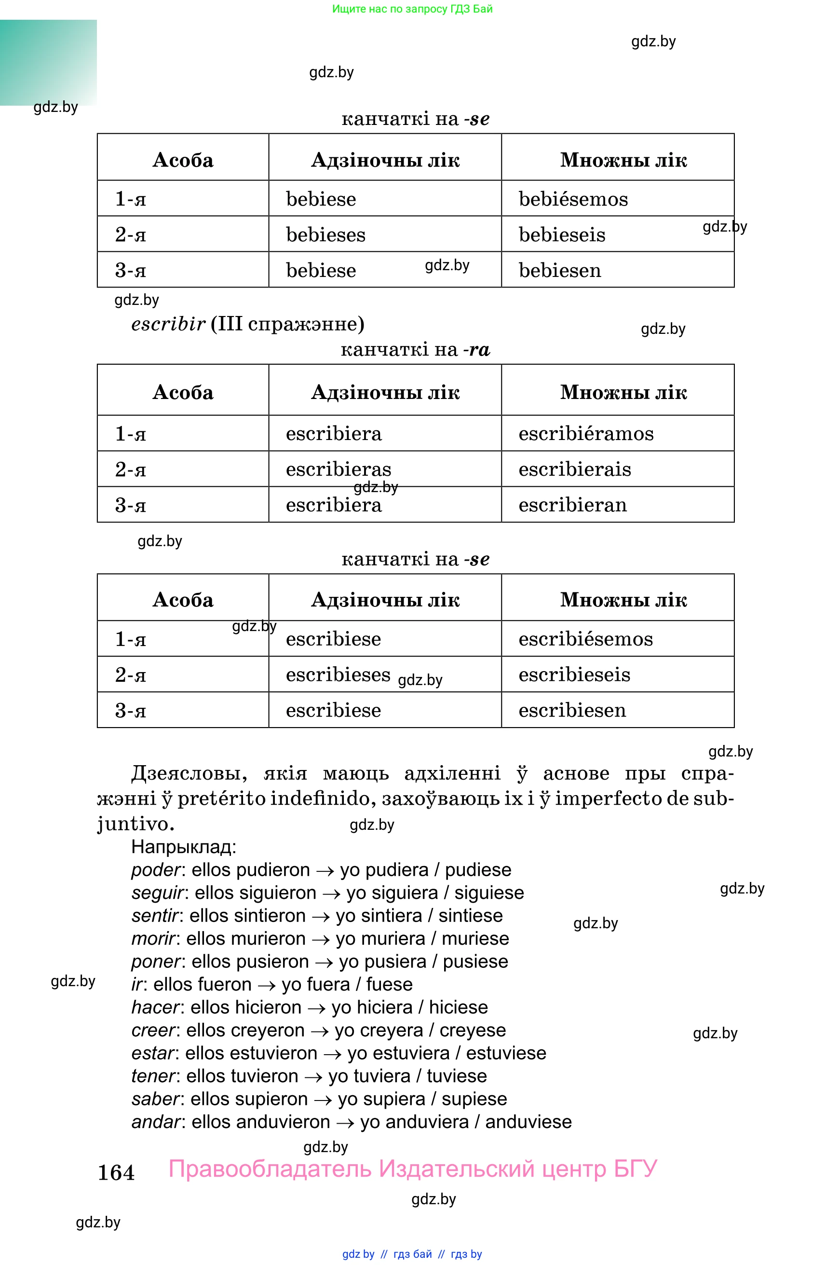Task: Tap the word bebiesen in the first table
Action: (x=559, y=271)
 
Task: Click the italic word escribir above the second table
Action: (x=168, y=324)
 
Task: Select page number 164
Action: (x=116, y=1172)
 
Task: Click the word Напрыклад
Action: (x=183, y=847)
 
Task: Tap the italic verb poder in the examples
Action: (x=156, y=870)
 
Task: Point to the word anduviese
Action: (x=528, y=1122)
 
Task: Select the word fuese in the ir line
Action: (x=389, y=984)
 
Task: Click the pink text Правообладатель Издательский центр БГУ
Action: (x=413, y=1169)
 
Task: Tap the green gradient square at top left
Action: (x=48, y=62)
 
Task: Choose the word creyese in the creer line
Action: (x=472, y=1030)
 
